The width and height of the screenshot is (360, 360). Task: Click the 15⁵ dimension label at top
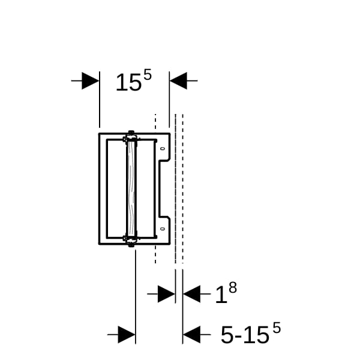133,80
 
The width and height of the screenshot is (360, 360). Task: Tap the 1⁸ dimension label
226,293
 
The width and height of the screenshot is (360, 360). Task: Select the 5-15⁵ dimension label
251,333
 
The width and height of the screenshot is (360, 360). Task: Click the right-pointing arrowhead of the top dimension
91,81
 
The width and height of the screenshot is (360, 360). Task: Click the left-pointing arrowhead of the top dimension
178,81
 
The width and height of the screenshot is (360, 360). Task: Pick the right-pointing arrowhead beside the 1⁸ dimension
166,294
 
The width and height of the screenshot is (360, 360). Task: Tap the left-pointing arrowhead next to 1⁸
192,294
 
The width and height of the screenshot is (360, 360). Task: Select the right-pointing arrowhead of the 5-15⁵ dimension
127,335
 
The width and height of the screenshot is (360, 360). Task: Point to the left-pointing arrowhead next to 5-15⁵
192,335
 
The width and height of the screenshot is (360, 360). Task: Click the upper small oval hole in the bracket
163,149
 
